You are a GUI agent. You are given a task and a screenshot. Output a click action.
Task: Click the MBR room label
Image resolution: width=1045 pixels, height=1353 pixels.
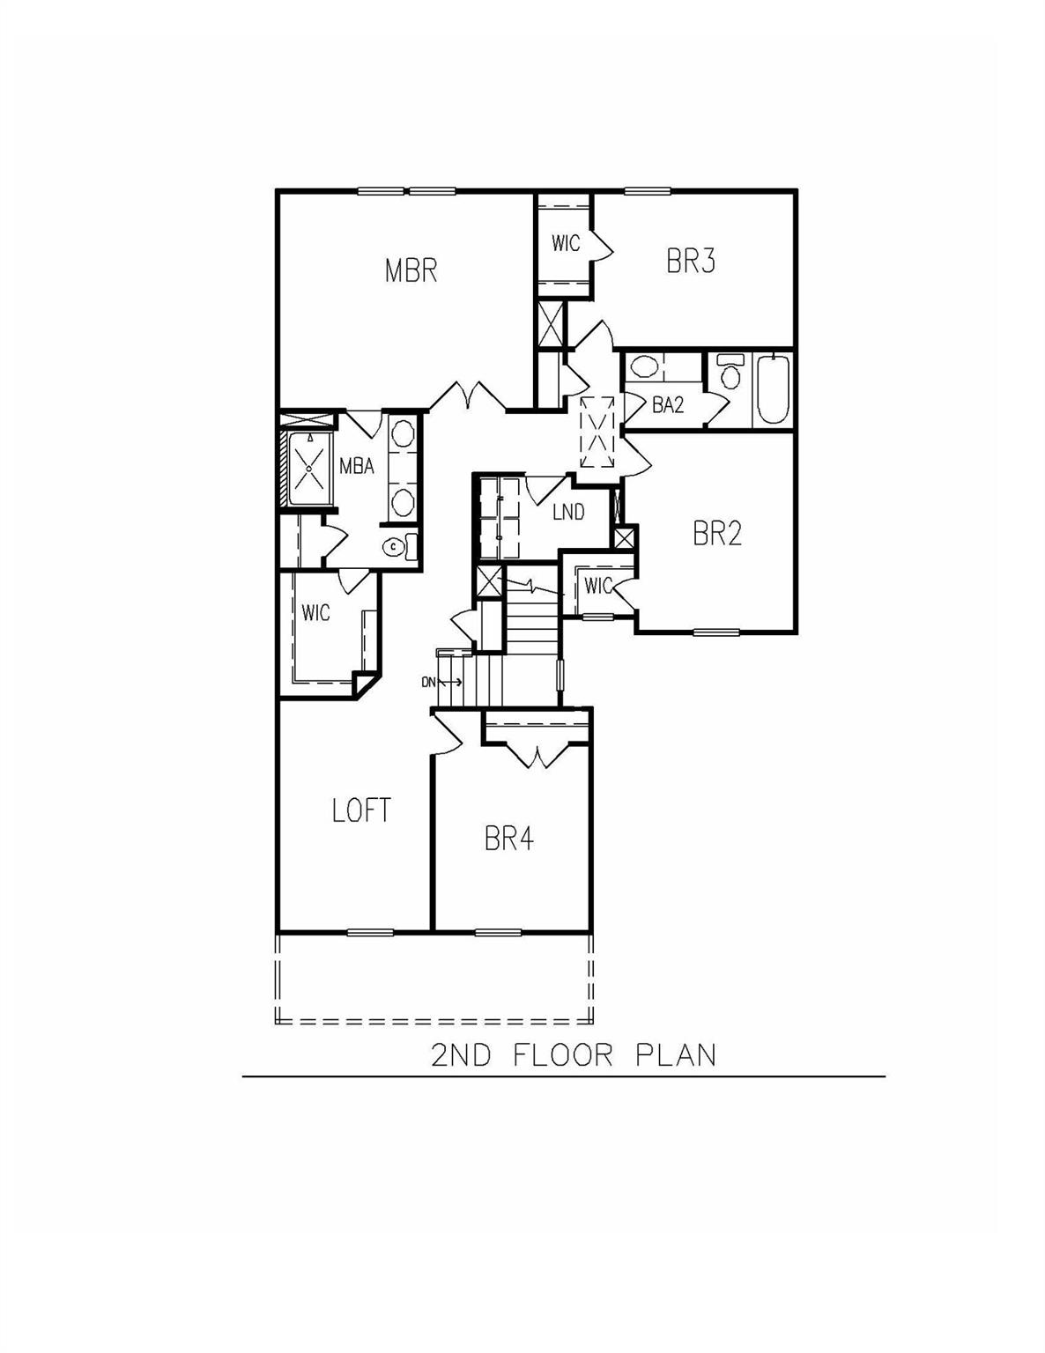pos(411,270)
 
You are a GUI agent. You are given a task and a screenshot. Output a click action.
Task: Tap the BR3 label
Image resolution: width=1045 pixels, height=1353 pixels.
pos(690,262)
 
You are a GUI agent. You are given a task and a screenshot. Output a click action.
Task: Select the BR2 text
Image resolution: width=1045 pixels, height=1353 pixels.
pos(717,533)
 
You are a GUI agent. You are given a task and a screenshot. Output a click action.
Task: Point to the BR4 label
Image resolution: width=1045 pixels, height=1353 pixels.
pos(508,839)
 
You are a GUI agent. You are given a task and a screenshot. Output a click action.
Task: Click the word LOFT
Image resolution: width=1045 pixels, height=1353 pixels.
pos(361,810)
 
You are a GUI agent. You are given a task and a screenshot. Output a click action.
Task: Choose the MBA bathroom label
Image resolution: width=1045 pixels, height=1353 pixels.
pos(357,466)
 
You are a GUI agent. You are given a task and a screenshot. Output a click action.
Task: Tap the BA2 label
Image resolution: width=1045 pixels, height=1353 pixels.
pos(668,405)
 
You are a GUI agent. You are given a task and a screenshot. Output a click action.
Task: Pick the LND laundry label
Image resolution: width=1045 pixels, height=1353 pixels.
pos(568,512)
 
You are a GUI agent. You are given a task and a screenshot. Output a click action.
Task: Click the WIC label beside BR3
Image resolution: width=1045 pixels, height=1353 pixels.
pos(566,243)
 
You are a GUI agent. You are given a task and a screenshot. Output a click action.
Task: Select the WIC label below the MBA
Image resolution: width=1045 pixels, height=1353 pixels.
pos(315,612)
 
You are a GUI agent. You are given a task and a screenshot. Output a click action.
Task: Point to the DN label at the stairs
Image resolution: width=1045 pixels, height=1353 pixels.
pos(428,682)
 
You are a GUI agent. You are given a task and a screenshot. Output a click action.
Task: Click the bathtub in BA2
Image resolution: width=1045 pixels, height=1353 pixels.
pos(772,388)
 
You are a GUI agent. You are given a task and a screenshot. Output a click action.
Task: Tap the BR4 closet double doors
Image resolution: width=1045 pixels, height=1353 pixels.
pos(536,754)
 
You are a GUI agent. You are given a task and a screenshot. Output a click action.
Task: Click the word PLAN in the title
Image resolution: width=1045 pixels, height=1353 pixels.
pos(676,1054)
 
